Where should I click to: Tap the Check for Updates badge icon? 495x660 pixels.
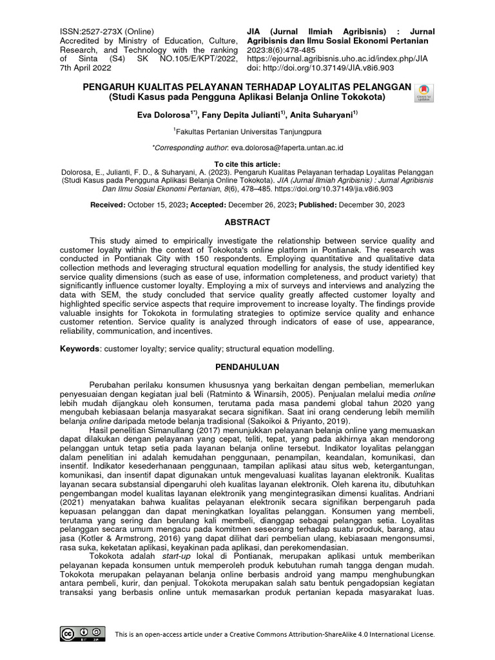(425, 93)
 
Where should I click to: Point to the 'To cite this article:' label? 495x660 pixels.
(247, 164)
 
